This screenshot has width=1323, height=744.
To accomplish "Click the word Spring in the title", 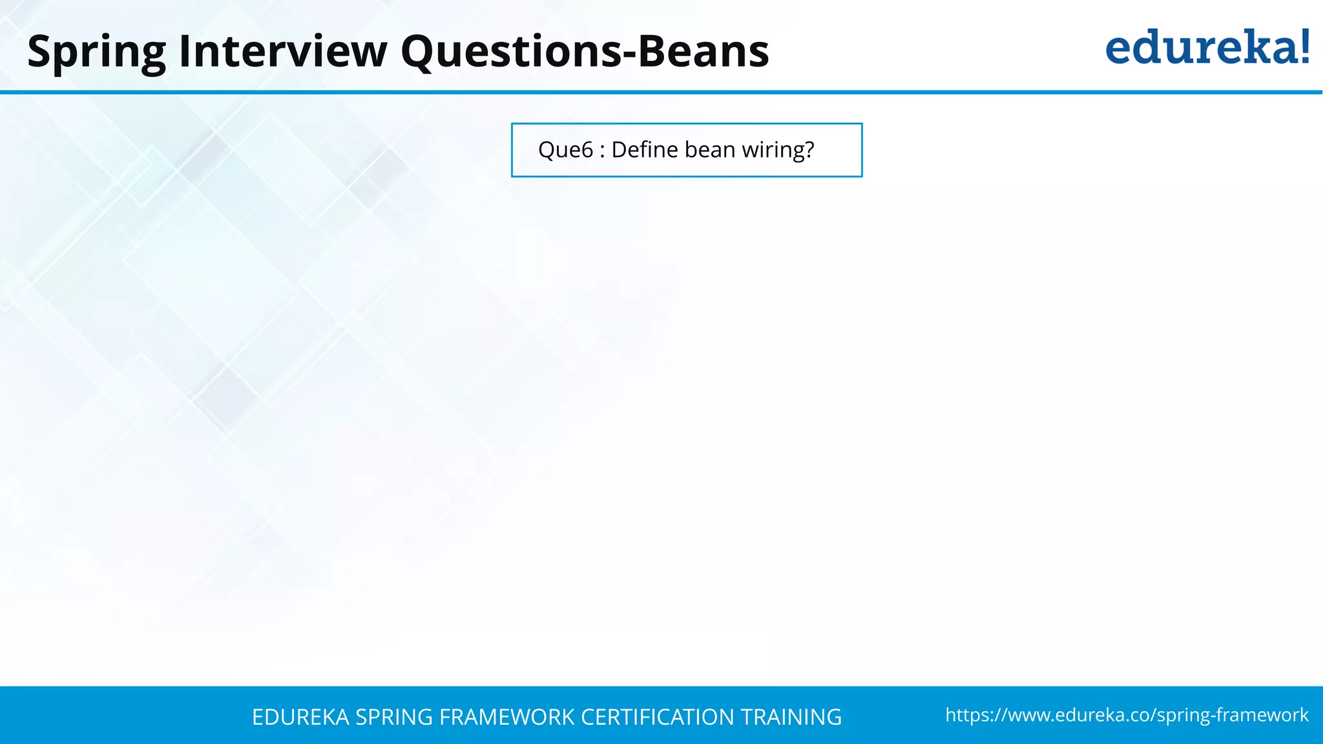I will [97, 52].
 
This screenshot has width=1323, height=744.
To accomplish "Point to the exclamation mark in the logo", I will [1304, 46].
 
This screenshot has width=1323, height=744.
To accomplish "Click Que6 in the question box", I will [565, 150].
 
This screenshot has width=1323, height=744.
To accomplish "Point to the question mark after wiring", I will [808, 150].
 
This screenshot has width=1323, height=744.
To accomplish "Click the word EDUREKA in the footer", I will [300, 717].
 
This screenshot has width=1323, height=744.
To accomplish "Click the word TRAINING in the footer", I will [791, 717].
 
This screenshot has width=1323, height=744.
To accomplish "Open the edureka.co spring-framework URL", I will [1127, 715].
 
